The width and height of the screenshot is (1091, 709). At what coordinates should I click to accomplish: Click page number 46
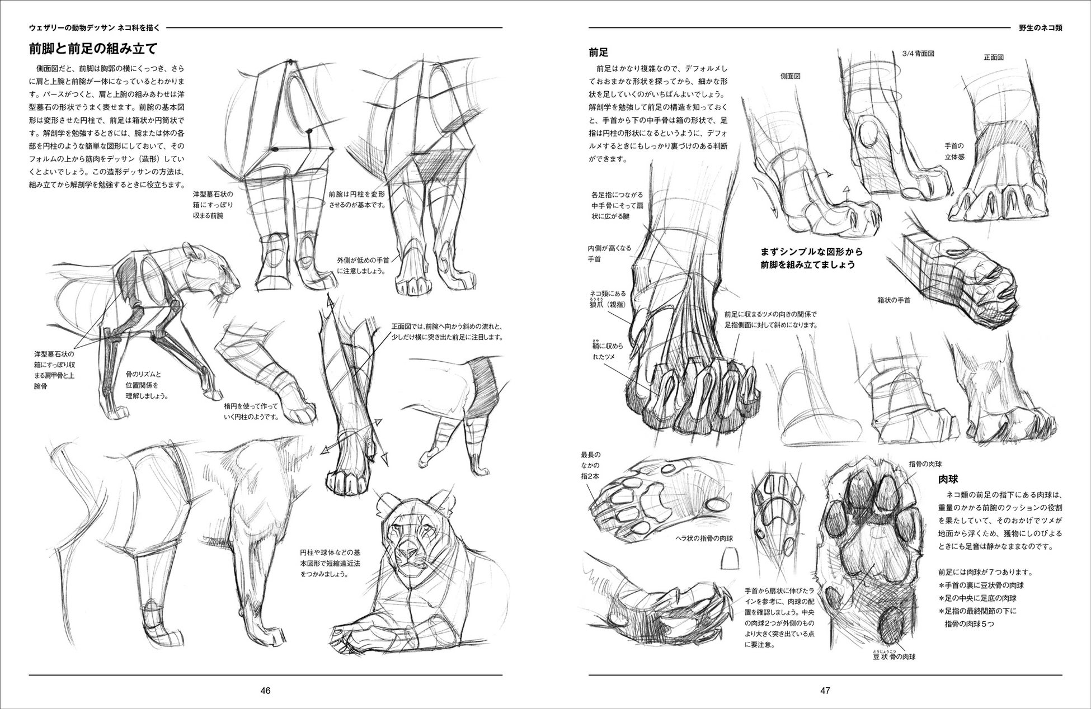click(265, 690)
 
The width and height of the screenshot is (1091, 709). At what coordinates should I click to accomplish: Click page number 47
click(825, 690)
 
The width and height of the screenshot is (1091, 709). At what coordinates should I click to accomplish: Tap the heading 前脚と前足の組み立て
click(93, 49)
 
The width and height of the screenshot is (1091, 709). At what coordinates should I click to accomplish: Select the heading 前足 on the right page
click(598, 52)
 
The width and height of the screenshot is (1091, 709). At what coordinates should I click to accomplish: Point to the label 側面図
click(789, 75)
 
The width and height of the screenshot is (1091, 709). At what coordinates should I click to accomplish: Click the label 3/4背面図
click(918, 54)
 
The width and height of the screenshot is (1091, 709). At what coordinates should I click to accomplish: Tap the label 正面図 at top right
click(994, 57)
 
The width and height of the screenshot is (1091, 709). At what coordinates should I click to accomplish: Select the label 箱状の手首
click(894, 300)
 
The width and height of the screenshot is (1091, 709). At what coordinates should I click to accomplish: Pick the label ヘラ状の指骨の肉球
click(704, 538)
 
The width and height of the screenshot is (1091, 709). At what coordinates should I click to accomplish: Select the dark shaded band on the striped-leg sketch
click(483, 389)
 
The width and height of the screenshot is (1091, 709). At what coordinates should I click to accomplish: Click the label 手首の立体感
click(953, 151)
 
